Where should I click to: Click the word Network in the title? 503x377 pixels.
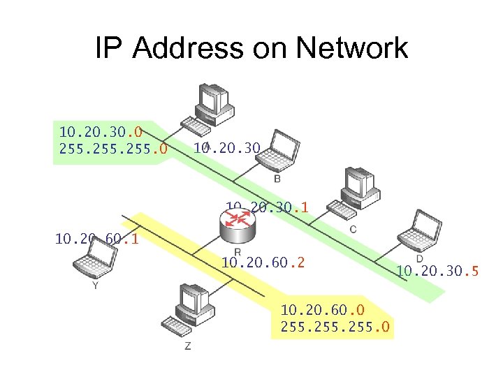click(352, 48)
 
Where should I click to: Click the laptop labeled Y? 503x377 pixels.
click(94, 263)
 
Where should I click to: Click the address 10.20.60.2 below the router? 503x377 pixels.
click(263, 263)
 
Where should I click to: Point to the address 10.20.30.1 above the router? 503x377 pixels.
click(267, 207)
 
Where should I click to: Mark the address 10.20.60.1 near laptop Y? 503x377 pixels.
click(96, 239)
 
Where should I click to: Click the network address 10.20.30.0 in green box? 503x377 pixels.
click(101, 131)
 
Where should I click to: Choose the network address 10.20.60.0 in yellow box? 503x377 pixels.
click(323, 309)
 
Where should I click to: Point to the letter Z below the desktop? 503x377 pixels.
click(187, 346)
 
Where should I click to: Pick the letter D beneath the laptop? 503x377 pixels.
click(420, 259)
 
